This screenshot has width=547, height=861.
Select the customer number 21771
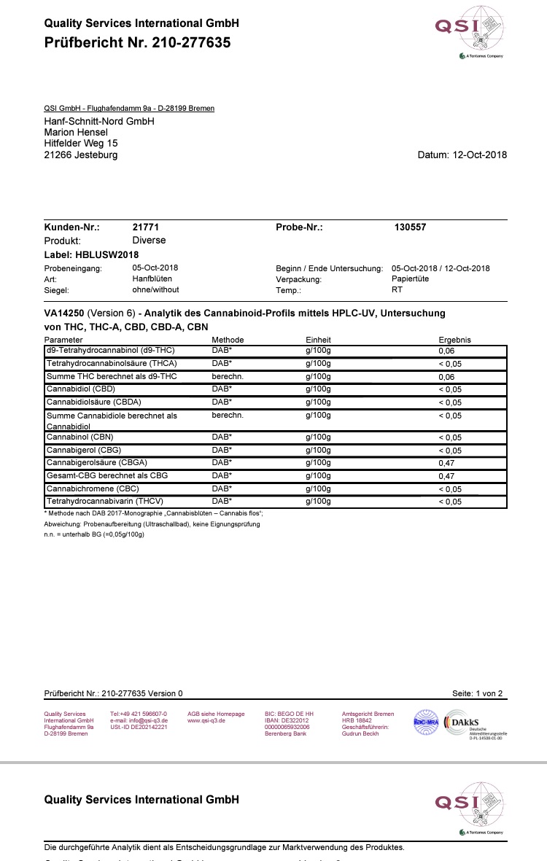(145, 227)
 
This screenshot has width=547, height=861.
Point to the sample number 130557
(410, 227)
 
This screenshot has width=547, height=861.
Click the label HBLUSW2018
(107, 254)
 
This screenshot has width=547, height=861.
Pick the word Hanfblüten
(152, 278)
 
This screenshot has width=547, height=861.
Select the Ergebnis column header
(454, 340)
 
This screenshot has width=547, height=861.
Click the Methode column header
(228, 340)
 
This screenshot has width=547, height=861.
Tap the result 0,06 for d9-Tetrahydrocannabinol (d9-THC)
(446, 351)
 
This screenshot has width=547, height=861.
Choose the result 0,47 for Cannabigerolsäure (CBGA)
(446, 462)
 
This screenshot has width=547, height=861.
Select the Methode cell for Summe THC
(227, 376)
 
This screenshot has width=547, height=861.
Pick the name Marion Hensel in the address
(76, 132)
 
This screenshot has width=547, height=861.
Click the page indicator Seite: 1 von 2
(477, 693)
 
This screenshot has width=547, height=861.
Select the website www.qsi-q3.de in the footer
(206, 720)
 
